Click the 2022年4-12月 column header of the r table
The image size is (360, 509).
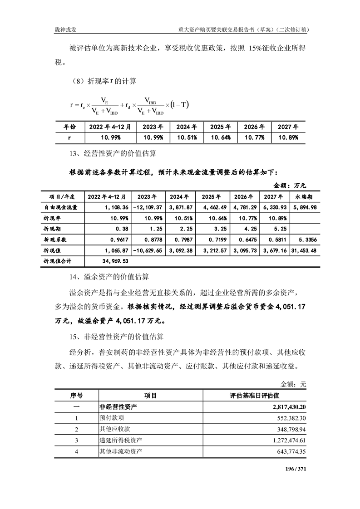pyautogui.click(x=110, y=127)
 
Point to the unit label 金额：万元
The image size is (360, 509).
pyautogui.click(x=291, y=185)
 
